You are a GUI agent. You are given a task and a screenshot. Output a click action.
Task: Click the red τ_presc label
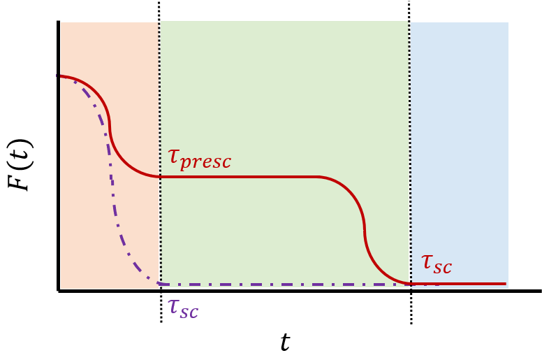[199, 159]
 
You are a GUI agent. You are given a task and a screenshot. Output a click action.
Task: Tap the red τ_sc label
[436, 264]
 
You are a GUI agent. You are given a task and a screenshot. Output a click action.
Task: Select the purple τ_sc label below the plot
[182, 308]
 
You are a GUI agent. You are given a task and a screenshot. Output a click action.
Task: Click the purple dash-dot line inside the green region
[279, 285]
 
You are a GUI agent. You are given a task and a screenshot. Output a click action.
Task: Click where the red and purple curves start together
[61, 76]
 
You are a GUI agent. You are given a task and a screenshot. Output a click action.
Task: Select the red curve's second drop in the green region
[365, 231]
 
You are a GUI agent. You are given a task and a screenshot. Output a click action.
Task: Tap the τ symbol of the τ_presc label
[174, 156]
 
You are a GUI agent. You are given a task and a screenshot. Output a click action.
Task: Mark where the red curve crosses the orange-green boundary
[160, 176]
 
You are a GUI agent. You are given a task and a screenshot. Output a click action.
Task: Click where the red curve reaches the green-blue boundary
[409, 284]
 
